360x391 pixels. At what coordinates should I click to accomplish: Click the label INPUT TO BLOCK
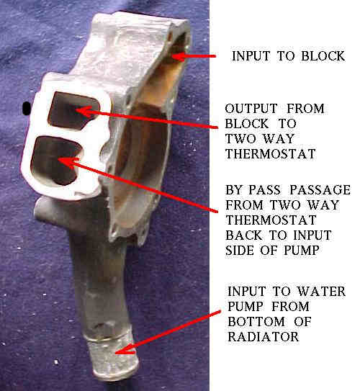click(x=289, y=56)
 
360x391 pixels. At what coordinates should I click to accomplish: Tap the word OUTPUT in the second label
click(x=251, y=109)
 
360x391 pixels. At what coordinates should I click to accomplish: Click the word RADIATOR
click(x=264, y=337)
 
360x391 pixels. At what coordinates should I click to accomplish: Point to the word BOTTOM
click(x=256, y=322)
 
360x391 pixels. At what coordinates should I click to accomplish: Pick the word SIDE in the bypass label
click(x=240, y=251)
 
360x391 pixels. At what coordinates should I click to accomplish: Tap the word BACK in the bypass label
click(x=244, y=235)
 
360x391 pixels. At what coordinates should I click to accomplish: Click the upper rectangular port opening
click(x=74, y=110)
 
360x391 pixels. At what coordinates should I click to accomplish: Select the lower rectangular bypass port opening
click(x=56, y=160)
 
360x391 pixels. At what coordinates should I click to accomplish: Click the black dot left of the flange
click(x=26, y=109)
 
